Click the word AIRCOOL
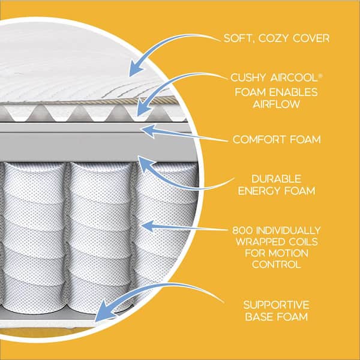click(293, 77)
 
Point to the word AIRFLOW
click(277, 104)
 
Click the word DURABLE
click(277, 179)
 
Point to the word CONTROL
click(277, 265)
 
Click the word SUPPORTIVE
click(277, 305)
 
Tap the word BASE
click(258, 317)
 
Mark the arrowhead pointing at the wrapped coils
click(148, 226)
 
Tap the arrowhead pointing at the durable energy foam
click(143, 163)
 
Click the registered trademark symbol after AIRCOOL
click(320, 76)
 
